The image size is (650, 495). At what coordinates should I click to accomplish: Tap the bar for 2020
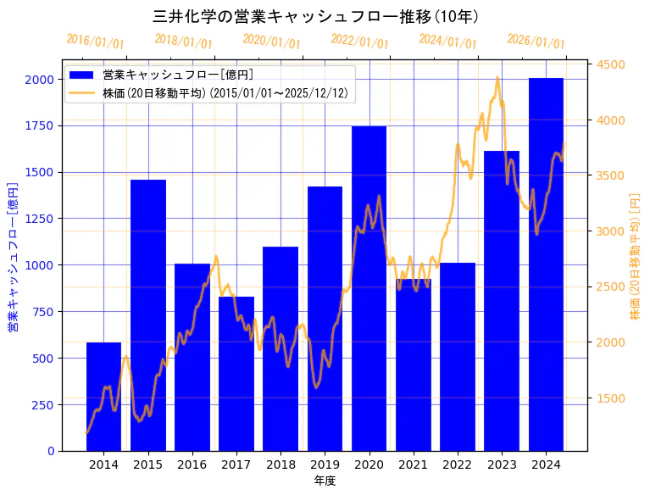tap(369, 288)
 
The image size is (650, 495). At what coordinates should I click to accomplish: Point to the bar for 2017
tap(236, 374)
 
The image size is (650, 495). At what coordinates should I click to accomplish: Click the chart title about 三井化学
tap(315, 16)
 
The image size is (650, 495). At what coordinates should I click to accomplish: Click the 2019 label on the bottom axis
tap(325, 464)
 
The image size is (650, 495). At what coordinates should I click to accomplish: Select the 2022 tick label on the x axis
tap(458, 464)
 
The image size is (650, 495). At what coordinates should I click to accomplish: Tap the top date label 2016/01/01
tap(95, 42)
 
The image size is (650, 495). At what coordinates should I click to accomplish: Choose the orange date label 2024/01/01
tap(447, 42)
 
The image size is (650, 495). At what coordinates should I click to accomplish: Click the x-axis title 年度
tap(325, 481)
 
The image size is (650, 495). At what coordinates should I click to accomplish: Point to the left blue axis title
tap(13, 255)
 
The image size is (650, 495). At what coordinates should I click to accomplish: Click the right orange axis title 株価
tap(635, 255)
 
